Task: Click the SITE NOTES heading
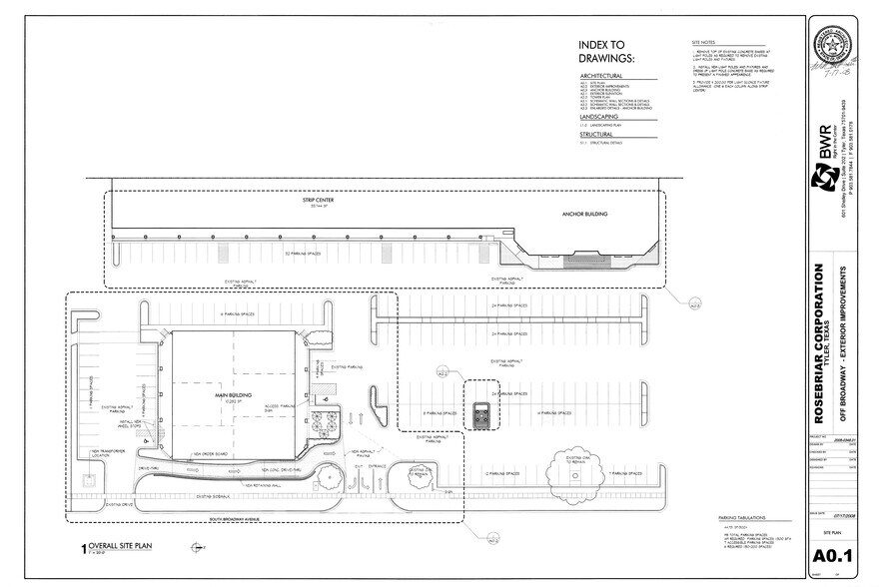tap(704, 44)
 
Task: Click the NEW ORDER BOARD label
tap(209, 454)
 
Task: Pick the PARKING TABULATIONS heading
tap(741, 517)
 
